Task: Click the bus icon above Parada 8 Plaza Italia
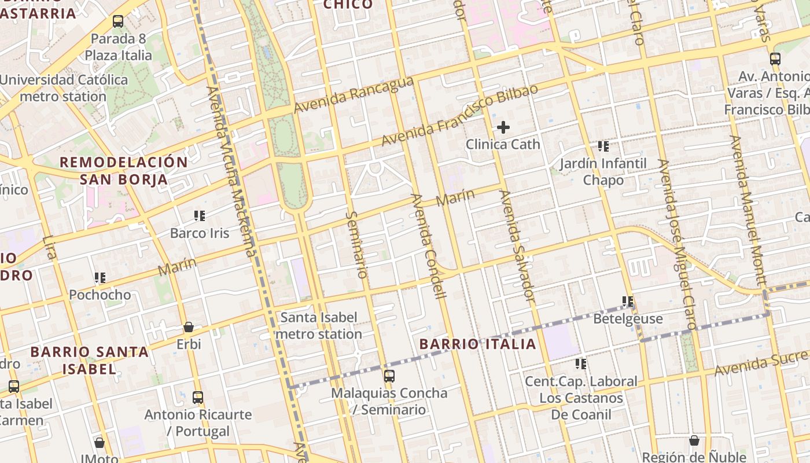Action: point(118,21)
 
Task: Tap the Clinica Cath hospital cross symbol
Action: point(503,127)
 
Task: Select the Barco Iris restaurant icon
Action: point(200,216)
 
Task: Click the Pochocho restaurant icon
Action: point(100,278)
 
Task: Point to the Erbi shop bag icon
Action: point(189,327)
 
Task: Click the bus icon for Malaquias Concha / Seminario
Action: point(389,376)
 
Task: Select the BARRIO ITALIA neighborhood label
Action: point(478,344)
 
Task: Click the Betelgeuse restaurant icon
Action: point(628,302)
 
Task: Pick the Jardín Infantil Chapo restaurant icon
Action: point(603,146)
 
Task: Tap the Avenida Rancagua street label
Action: point(354,95)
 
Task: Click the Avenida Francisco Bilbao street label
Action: point(459,116)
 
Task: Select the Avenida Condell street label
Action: point(429,246)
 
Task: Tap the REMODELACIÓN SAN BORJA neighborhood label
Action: point(124,171)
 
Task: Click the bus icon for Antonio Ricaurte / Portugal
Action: point(198,398)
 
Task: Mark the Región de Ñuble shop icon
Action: point(694,441)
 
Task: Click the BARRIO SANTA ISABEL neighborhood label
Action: point(89,360)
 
